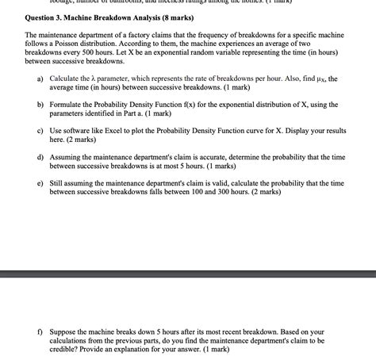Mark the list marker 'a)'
(40, 79)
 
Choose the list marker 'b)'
(40, 105)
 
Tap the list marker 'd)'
(40, 157)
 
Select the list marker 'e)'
(40, 182)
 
